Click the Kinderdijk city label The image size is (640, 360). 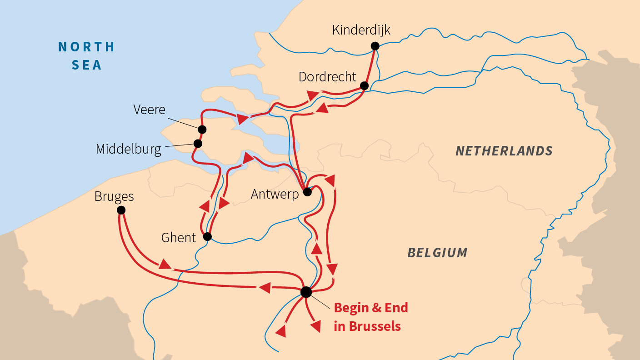click(x=361, y=30)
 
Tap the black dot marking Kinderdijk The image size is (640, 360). click(x=375, y=45)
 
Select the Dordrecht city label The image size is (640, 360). click(x=327, y=77)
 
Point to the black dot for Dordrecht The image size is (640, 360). click(x=364, y=85)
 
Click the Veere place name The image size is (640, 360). click(x=150, y=110)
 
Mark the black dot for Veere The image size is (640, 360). click(x=202, y=130)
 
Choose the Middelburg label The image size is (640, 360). click(x=128, y=149)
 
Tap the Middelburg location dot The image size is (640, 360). click(x=198, y=144)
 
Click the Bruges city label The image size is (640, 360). click(x=114, y=196)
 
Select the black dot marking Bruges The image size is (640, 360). click(x=121, y=210)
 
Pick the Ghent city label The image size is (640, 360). click(x=179, y=237)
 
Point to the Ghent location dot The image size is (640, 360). click(x=207, y=236)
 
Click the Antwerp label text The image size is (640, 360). click(x=275, y=195)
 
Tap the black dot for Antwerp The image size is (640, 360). click(x=307, y=192)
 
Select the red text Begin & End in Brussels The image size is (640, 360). click(x=370, y=317)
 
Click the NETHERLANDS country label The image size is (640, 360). click(x=504, y=151)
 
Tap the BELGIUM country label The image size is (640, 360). click(x=437, y=253)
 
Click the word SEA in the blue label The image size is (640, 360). click(x=86, y=65)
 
